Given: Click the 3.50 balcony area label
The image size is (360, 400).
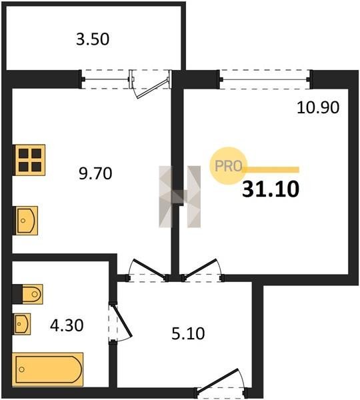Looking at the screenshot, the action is coord(93,39).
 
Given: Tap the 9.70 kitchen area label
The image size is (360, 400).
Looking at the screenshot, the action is coord(95,173).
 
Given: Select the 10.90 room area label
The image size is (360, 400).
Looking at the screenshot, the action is coord(318,107).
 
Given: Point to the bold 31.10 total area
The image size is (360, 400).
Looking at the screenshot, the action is coord(271,189).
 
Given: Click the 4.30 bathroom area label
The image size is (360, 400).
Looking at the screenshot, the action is coord(67,325).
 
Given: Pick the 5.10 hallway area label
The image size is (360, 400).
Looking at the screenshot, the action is coord(188,333).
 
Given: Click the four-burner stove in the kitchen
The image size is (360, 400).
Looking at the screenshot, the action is coord(29,160).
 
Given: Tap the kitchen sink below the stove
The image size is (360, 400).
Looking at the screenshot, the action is coord(25,221).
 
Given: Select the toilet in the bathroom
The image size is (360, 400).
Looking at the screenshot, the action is coord(27,294).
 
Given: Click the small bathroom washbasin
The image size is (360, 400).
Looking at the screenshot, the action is coord(22,324).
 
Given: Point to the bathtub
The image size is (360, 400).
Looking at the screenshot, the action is coord(48,369).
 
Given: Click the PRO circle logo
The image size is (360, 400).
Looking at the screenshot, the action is coord(228,166).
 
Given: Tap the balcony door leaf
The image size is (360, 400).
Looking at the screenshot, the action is coord(153,88).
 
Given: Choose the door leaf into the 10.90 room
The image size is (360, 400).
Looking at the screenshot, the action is coord(200,269).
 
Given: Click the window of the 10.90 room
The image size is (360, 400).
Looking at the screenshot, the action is coord(265,79).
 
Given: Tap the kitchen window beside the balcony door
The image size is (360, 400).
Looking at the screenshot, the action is coord(105,79).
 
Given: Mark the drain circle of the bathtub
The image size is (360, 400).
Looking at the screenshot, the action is coord(22,369).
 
